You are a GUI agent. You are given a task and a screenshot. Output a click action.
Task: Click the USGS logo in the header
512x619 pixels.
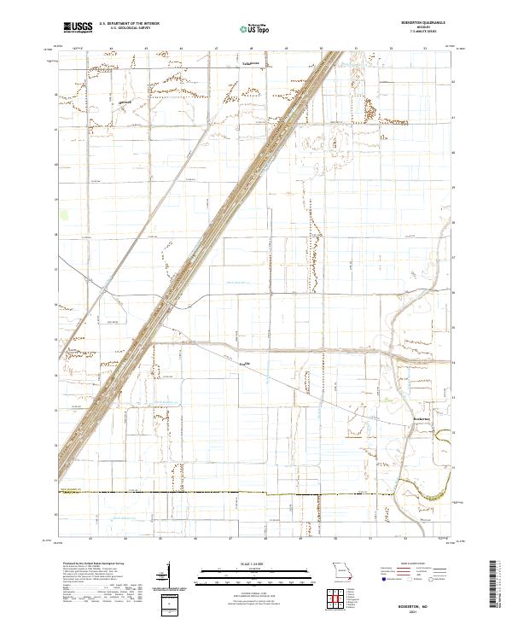point(78,27)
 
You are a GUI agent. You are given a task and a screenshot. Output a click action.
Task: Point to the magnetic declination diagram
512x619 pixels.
point(167,574)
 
